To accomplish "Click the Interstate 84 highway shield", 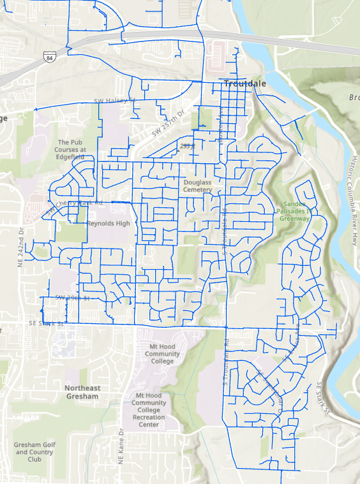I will click(49, 57).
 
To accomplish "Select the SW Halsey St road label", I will click(116, 101).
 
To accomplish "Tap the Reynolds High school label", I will click(109, 224).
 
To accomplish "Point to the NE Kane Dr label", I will click(120, 449).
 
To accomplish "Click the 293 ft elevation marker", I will click(186, 146).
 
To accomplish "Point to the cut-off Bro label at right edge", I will click(354, 98).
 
